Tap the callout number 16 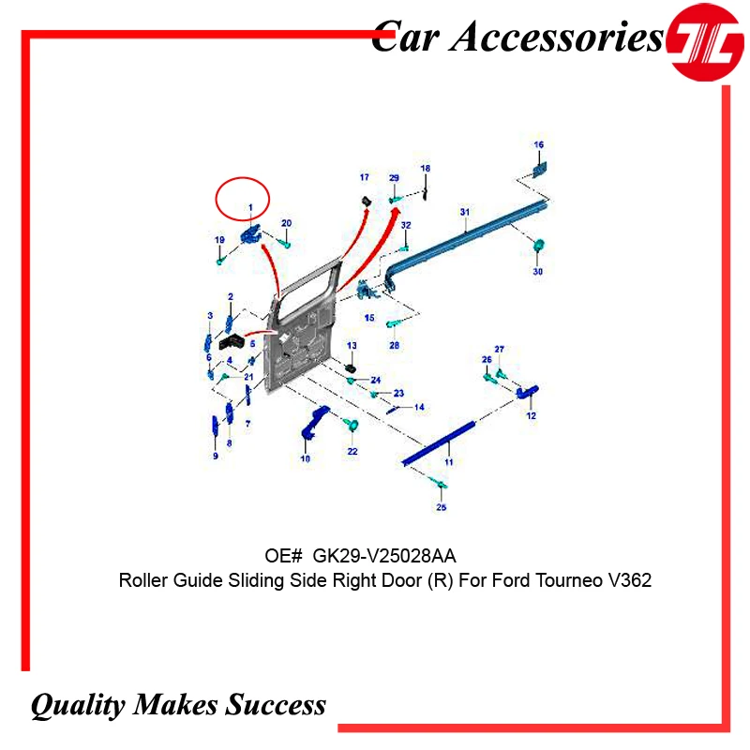click(x=539, y=144)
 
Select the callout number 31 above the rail click(x=464, y=213)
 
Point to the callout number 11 click(x=448, y=463)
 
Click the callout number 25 click(x=442, y=507)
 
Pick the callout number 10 click(x=305, y=458)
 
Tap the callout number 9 click(x=215, y=456)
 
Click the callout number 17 click(x=364, y=177)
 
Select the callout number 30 click(x=538, y=272)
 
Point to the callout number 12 click(x=531, y=414)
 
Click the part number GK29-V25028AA click(x=385, y=557)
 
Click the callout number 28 click(x=395, y=346)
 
